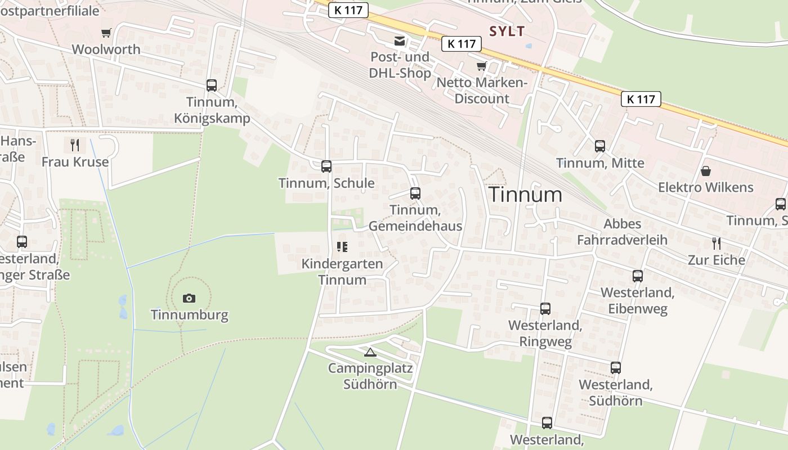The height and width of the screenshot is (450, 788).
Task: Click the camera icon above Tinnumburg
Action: point(189,298)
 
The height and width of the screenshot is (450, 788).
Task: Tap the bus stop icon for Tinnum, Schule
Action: point(326,166)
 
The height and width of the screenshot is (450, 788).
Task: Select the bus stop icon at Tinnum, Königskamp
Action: point(212,85)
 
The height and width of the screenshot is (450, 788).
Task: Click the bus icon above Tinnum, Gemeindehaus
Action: point(415,193)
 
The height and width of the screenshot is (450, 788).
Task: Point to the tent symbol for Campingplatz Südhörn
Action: point(370,353)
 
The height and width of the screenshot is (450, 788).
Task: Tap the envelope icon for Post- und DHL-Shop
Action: point(400,41)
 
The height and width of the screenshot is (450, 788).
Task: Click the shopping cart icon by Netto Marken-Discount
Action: point(481,66)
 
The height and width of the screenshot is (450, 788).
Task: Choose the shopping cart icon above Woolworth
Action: point(106,33)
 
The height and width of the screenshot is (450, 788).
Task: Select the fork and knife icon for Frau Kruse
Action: point(75,145)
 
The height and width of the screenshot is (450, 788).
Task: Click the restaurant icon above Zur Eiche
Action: point(716,244)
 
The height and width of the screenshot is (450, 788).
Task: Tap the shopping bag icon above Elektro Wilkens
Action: point(706,171)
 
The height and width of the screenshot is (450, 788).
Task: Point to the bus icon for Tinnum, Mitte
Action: point(600,146)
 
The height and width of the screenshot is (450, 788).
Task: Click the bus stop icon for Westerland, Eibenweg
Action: point(637,276)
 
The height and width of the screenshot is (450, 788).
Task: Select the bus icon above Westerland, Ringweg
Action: point(545,309)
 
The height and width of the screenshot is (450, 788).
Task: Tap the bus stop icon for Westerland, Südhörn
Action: point(616,368)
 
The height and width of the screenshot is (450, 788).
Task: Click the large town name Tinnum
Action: point(525,195)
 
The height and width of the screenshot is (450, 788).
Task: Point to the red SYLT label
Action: point(507,31)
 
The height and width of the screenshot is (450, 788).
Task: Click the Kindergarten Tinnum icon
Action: point(342,247)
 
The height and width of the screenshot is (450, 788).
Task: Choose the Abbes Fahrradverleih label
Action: point(622,232)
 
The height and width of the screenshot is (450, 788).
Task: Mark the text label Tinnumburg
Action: point(190,314)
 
